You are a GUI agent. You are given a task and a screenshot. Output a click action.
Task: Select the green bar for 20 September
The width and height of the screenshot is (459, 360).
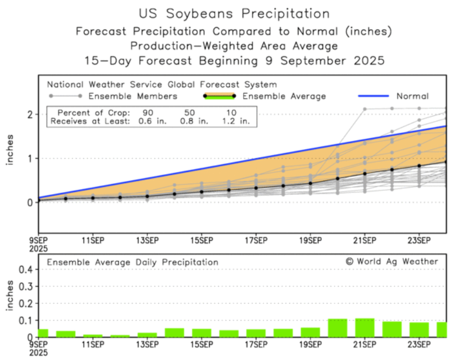(x=337, y=328)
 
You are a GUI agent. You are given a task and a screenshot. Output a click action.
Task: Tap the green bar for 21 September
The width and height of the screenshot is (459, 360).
(x=365, y=327)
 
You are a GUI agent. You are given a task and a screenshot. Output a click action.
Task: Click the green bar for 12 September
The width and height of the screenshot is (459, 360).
(x=120, y=336)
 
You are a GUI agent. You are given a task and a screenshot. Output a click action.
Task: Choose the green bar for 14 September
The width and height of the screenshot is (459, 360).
(x=174, y=332)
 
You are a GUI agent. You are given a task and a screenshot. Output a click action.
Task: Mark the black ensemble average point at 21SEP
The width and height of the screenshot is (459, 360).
(x=365, y=174)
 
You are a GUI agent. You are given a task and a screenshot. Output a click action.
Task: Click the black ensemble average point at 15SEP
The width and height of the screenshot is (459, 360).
(x=201, y=192)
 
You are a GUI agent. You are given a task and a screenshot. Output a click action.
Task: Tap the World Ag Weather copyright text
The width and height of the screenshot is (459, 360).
(x=392, y=261)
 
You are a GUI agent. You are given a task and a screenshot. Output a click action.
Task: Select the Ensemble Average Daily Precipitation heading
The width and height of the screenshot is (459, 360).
(x=133, y=262)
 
